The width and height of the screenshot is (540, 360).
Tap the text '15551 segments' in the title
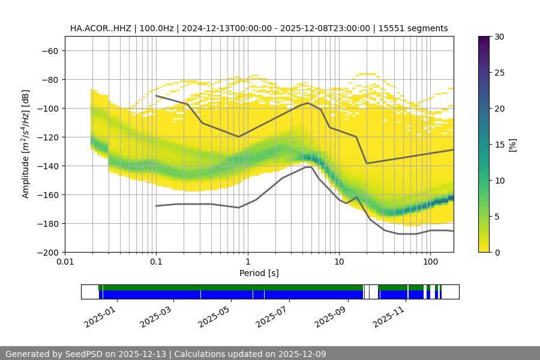[418, 28]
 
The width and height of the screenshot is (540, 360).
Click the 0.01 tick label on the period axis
[65, 262]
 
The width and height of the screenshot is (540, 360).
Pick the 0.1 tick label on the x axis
[156, 262]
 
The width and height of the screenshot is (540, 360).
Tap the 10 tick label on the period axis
[339, 262]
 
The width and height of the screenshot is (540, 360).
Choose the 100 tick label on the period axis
[430, 262]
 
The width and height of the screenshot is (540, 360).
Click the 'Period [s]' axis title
[259, 273]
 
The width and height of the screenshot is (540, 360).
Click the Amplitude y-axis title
[26, 144]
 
